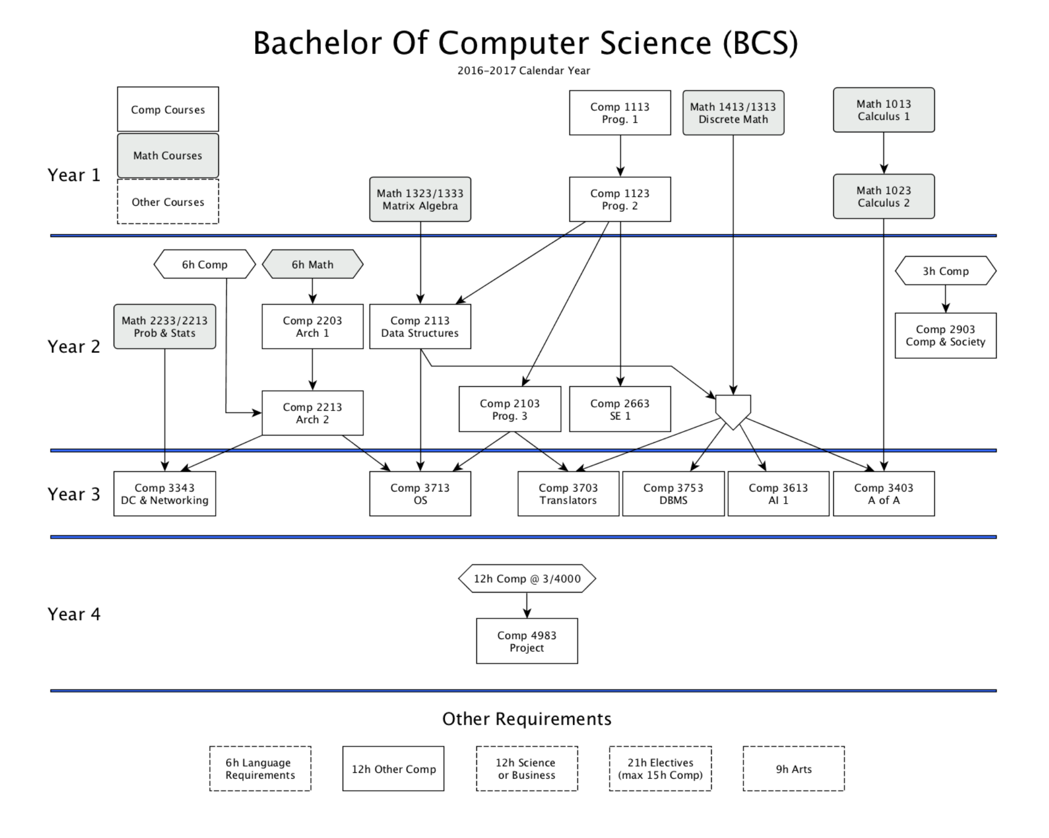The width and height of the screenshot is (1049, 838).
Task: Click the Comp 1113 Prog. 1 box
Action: point(620,113)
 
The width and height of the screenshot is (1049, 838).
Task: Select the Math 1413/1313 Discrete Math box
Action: point(733,113)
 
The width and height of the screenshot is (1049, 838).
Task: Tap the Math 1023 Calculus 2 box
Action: point(884,196)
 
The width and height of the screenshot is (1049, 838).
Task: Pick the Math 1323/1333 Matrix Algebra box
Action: point(420,199)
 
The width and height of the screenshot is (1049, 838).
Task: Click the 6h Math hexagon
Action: point(312,264)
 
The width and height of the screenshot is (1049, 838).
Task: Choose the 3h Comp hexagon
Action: point(945,271)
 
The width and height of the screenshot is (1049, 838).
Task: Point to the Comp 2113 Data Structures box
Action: point(420,326)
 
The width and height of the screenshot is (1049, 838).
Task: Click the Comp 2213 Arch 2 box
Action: point(312,413)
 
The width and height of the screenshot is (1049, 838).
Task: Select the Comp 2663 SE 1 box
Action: point(620,409)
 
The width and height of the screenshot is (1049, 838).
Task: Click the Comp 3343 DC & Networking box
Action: point(164,494)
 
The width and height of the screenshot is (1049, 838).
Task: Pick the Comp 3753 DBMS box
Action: point(673,494)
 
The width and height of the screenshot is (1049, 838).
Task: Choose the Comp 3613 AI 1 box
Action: point(778,494)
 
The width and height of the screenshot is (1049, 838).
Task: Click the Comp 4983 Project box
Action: point(527,641)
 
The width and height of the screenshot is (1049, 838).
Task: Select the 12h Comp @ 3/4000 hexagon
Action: point(527,578)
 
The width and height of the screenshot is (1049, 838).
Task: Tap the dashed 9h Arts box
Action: point(793,769)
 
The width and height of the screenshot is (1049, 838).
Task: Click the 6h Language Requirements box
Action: point(260,769)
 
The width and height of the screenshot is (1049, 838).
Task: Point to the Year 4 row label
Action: point(74,614)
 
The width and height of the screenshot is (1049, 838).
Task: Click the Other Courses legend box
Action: point(168,202)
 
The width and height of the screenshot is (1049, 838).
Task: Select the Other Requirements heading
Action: point(527,719)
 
